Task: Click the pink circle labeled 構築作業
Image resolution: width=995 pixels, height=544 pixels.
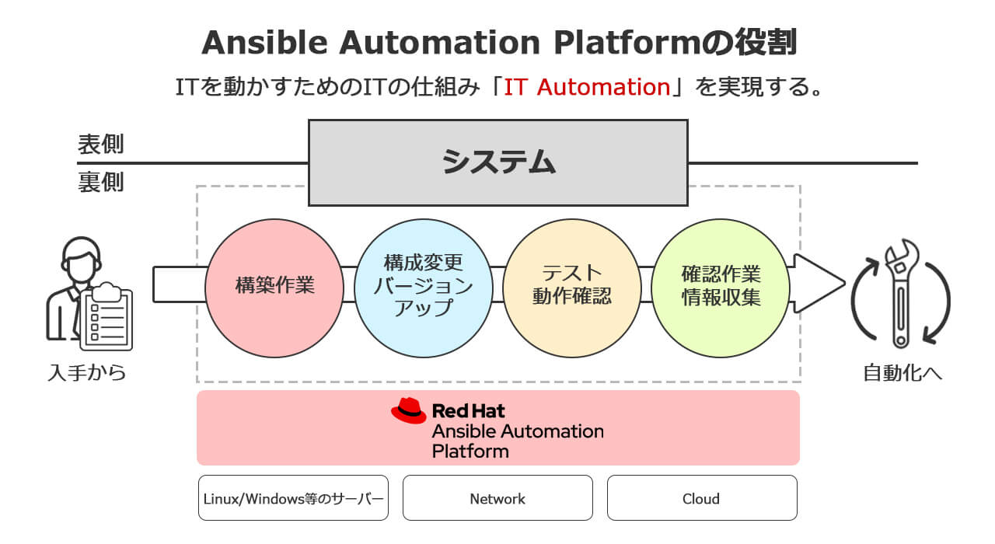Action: pyautogui.click(x=274, y=285)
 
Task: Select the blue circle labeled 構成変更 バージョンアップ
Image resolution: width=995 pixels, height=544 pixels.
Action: pyautogui.click(x=424, y=285)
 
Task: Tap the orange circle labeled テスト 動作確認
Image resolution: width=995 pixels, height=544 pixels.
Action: pyautogui.click(x=572, y=285)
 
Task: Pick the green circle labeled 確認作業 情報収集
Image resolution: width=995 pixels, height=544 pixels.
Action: pyautogui.click(x=721, y=285)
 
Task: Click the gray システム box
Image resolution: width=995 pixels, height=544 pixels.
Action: pyautogui.click(x=497, y=162)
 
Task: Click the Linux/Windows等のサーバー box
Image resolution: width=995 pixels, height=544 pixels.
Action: pyautogui.click(x=293, y=498)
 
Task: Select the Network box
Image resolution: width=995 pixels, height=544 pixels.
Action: pyautogui.click(x=497, y=498)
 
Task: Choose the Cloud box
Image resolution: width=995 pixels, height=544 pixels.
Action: pyautogui.click(x=701, y=498)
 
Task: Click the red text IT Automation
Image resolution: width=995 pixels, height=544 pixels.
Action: pyautogui.click(x=587, y=86)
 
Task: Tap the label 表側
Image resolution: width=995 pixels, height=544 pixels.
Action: pyautogui.click(x=100, y=145)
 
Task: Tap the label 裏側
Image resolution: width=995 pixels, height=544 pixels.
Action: pyautogui.click(x=100, y=183)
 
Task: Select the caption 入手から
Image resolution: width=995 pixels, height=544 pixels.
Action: pyautogui.click(x=86, y=374)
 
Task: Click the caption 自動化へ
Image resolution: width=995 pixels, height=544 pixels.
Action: pyautogui.click(x=902, y=374)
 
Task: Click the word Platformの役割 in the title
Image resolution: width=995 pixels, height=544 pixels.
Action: pyautogui.click(x=676, y=44)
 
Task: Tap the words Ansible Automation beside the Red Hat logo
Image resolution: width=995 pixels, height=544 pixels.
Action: pyautogui.click(x=518, y=431)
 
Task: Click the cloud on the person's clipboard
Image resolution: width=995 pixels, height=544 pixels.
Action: pyautogui.click(x=107, y=293)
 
